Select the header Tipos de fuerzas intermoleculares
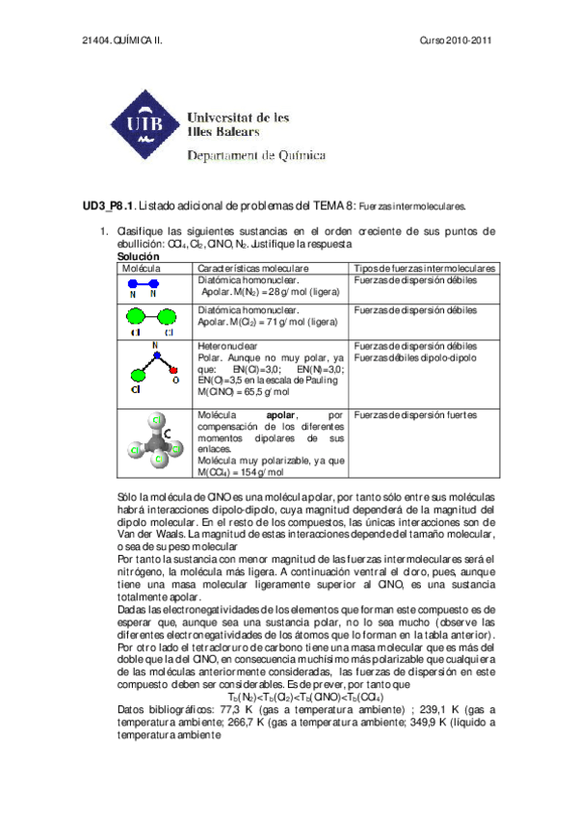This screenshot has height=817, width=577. tap(424, 268)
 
